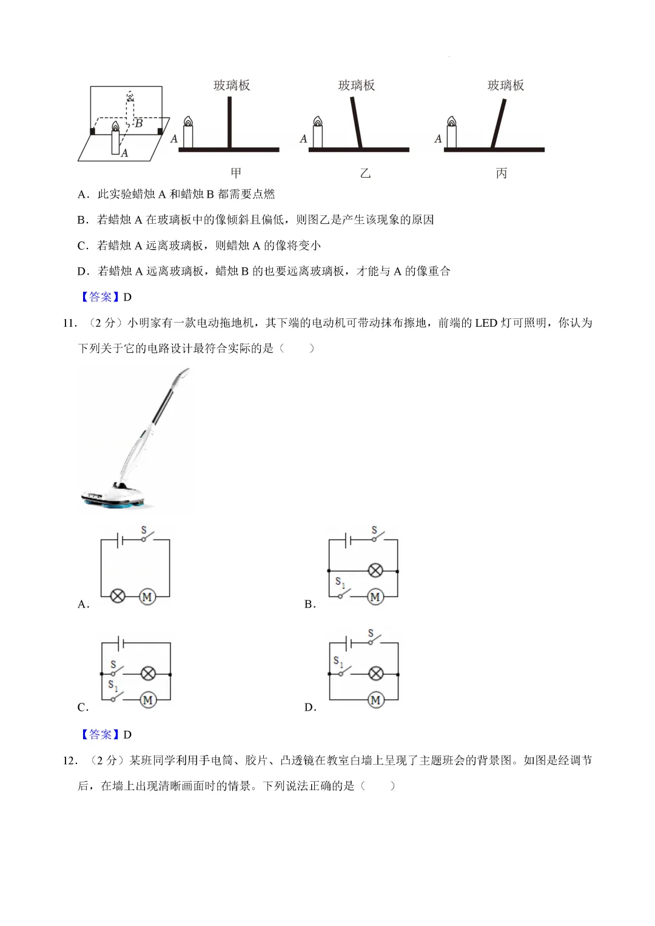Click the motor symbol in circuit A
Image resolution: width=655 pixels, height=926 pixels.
[x=147, y=597]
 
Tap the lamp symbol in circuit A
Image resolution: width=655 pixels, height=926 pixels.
[x=118, y=596]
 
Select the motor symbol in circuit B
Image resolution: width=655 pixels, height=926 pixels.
[x=375, y=597]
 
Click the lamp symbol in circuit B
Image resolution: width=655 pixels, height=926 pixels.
[x=376, y=571]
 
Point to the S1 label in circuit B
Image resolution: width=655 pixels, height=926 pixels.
[x=340, y=583]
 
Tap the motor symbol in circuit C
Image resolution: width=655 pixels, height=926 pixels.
[x=147, y=700]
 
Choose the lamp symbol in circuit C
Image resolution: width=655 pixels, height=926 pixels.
[x=148, y=674]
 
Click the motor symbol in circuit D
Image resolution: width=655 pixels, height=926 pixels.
[x=376, y=700]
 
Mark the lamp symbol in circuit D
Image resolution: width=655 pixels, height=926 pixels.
[x=376, y=674]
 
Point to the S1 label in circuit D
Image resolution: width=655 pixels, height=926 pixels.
[x=338, y=662]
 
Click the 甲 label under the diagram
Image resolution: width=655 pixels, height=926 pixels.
[x=236, y=173]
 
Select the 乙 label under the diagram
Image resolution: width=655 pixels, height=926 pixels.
[x=365, y=173]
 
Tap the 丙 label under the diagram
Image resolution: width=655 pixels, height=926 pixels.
[x=502, y=173]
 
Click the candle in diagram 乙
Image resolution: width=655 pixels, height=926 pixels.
[x=318, y=133]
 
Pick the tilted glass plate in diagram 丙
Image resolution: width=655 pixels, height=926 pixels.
[x=499, y=124]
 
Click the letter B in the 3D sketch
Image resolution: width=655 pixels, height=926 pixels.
[x=139, y=124]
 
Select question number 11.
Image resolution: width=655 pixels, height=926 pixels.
[x=70, y=323]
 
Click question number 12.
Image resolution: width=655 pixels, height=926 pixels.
[x=70, y=760]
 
